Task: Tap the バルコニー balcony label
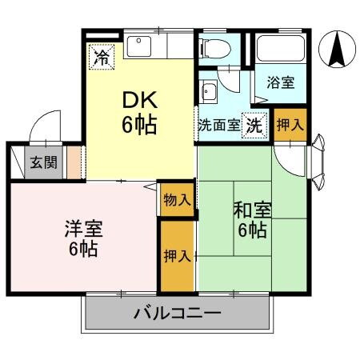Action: point(177,313)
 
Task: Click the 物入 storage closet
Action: point(176,199)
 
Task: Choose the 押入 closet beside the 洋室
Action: point(176,256)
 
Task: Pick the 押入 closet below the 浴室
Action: point(289,125)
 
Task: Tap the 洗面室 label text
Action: point(219,126)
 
